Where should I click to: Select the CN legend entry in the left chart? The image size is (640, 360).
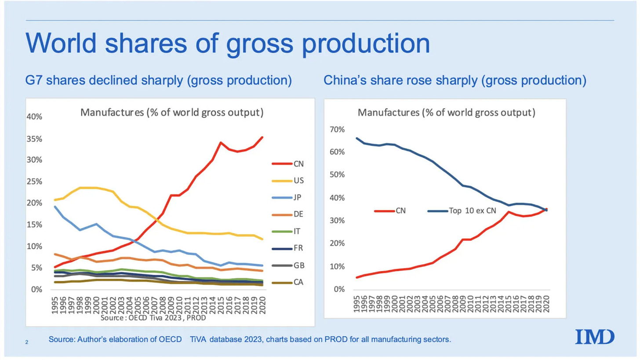click(x=292, y=164)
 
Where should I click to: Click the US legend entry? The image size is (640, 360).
click(x=292, y=181)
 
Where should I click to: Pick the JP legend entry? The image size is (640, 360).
click(x=292, y=198)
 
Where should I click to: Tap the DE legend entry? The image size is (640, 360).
click(x=292, y=215)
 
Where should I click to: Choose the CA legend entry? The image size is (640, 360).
click(x=292, y=282)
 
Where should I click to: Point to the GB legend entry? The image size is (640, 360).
click(x=292, y=265)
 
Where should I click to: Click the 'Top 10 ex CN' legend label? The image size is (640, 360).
click(x=472, y=211)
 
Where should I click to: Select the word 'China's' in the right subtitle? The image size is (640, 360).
click(x=345, y=82)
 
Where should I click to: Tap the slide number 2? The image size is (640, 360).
click(x=27, y=340)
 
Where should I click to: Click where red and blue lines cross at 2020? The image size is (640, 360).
click(x=546, y=210)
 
